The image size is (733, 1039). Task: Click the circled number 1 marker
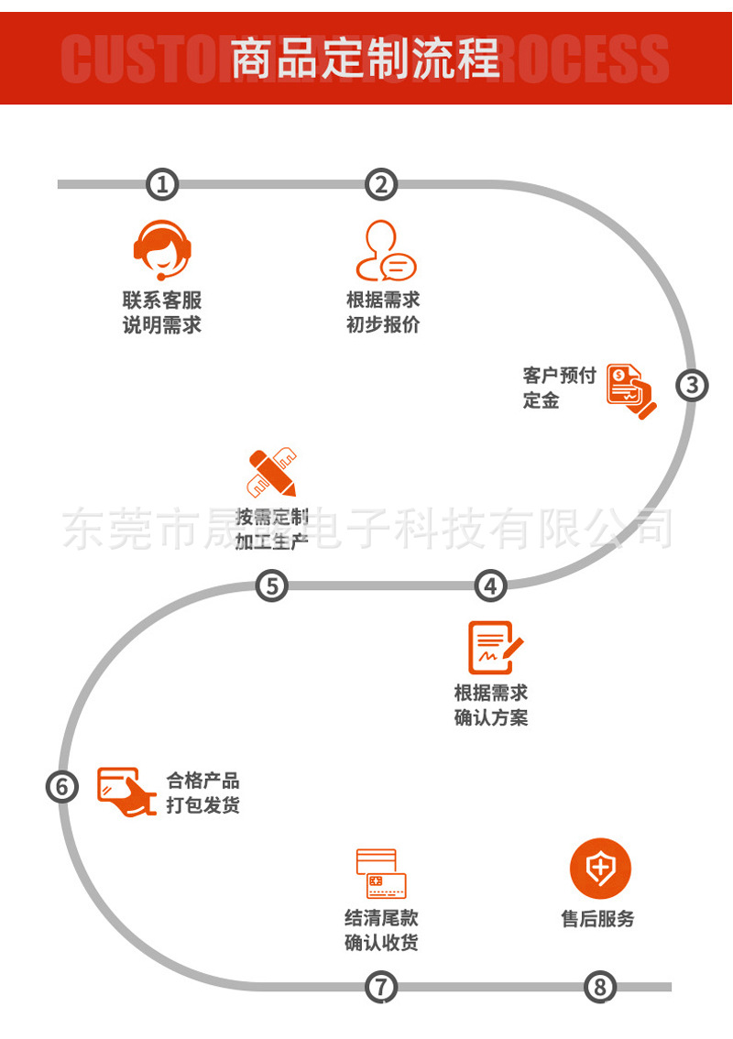coord(162,184)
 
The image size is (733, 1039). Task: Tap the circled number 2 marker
coord(381,184)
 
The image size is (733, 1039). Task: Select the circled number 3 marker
coord(693,385)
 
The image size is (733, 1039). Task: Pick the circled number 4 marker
coord(490,585)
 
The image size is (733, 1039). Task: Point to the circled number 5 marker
coord(271,585)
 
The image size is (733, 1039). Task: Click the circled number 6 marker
coord(61,786)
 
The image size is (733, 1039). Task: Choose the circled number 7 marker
coord(381,987)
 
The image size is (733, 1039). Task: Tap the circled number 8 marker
coord(600,987)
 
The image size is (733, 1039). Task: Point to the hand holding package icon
coord(126,790)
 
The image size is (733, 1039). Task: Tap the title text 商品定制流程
coord(366,59)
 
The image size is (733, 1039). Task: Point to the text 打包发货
coord(202,805)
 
